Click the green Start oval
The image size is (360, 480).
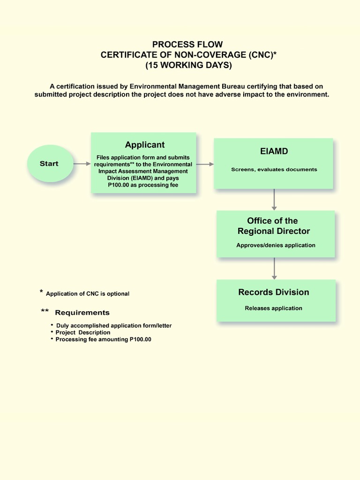pos(50,164)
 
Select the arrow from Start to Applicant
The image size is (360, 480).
pos(82,164)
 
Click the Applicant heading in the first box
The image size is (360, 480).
pos(144,145)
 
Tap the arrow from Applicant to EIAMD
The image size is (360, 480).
pos(205,164)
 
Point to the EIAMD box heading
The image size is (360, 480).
pos(274,151)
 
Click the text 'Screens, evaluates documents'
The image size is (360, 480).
pos(274,169)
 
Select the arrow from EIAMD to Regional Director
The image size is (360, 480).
pos(274,199)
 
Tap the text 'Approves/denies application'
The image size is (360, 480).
pos(276,245)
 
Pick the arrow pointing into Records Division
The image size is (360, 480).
pos(274,268)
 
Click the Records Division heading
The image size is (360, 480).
pos(274,292)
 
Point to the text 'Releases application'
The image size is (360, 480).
pos(274,308)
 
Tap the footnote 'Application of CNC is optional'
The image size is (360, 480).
pos(87,293)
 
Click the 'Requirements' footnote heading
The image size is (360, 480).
pos(82,313)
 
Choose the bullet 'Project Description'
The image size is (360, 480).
pos(83,332)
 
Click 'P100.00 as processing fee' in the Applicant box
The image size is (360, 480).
pos(143,185)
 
